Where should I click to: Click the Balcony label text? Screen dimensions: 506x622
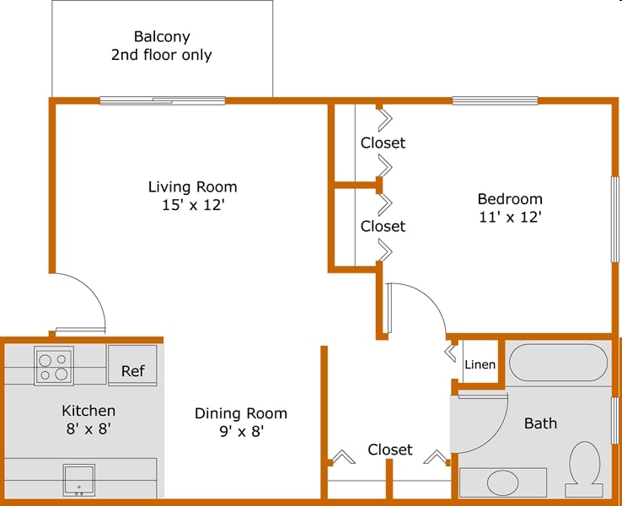point(162,37)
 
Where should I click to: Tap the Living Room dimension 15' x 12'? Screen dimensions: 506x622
point(192,205)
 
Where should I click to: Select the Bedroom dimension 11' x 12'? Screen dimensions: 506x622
point(509,217)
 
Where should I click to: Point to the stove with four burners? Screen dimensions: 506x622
point(53,366)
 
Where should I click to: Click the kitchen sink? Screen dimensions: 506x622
point(78,480)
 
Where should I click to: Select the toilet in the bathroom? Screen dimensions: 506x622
point(583,468)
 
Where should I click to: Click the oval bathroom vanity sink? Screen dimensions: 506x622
point(503,482)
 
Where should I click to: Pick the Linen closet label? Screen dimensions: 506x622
point(480,365)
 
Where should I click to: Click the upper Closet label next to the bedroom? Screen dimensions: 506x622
point(383,143)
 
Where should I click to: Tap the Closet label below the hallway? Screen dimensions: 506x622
point(390,449)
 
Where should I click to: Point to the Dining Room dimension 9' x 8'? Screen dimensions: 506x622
point(240,431)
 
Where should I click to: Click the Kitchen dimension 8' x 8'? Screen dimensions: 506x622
point(88,428)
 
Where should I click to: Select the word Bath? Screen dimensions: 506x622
point(540,423)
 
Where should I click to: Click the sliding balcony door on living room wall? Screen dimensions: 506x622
point(163,101)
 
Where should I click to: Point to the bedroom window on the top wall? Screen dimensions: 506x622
point(495,101)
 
